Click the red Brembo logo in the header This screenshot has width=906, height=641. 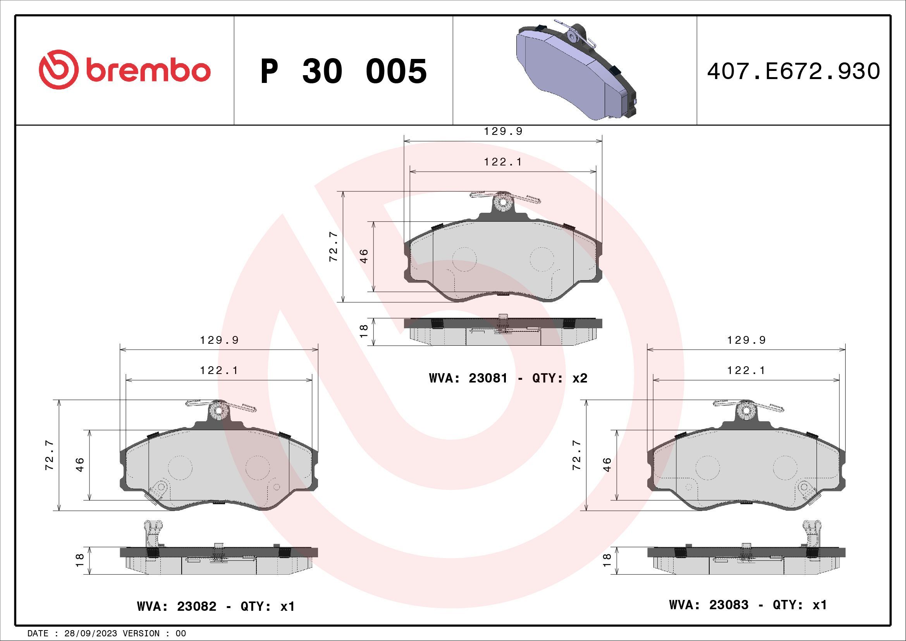(x=124, y=70)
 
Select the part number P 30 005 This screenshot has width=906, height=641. (x=343, y=71)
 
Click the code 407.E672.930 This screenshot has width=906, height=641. (x=793, y=71)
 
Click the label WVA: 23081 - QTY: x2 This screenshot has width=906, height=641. (x=508, y=378)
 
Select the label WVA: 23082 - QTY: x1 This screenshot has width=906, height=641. (x=215, y=606)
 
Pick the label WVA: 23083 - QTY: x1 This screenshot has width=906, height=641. (x=747, y=604)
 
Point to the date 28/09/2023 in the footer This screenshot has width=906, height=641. (x=90, y=634)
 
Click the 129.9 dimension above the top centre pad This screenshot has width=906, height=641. (x=503, y=131)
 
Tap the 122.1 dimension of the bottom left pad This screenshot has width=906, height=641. (x=219, y=370)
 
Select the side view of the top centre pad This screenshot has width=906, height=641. (x=503, y=331)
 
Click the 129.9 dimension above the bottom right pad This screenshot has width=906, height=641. (x=746, y=340)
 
